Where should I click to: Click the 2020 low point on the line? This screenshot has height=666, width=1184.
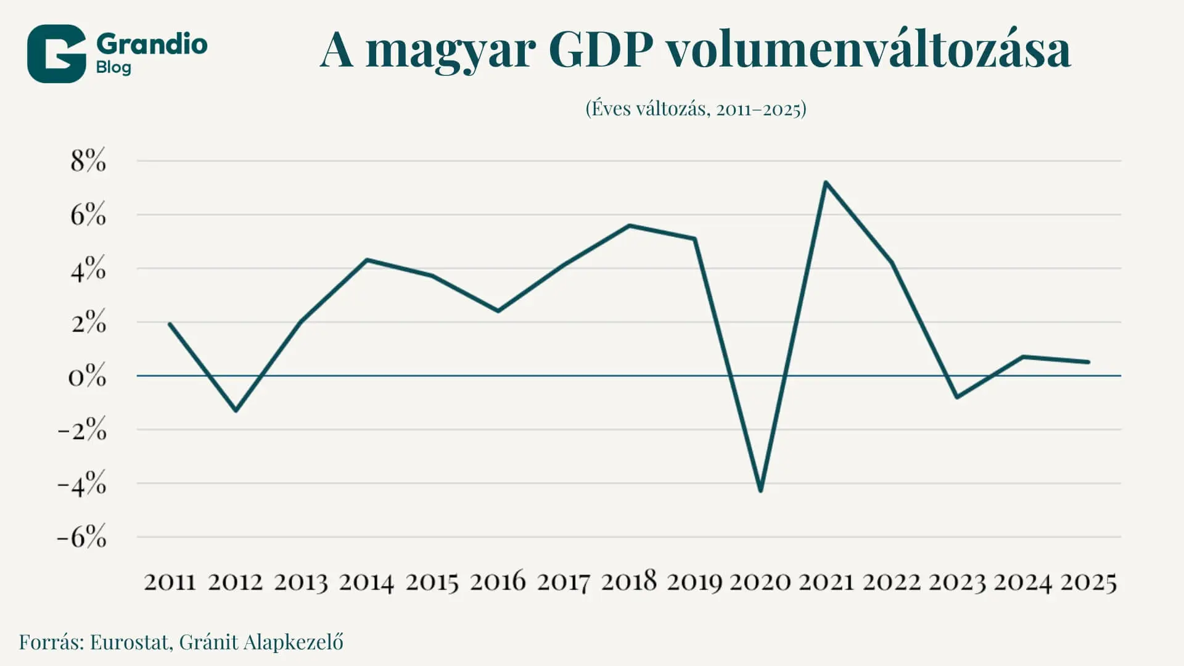(x=760, y=490)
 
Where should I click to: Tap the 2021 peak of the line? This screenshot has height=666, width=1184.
(x=826, y=183)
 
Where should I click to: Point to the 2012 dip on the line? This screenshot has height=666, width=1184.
(x=236, y=410)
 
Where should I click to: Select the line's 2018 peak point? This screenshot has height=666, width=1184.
(x=629, y=226)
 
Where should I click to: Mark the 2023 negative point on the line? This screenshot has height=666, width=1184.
(x=957, y=397)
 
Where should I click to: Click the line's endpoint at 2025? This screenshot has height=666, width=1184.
(x=1088, y=362)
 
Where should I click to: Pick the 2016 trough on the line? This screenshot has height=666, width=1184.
(x=498, y=311)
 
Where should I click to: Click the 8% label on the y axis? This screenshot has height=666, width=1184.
(x=88, y=160)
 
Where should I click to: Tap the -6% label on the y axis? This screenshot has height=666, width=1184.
(x=81, y=536)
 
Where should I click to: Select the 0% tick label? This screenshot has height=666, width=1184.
(x=87, y=376)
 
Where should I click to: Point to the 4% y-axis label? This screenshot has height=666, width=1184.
(x=88, y=268)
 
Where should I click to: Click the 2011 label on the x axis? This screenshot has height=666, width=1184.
(x=170, y=582)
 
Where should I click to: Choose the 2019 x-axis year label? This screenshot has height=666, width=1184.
(x=694, y=582)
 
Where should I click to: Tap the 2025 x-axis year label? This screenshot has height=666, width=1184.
(x=1088, y=582)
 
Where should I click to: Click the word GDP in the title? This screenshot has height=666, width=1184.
(x=600, y=49)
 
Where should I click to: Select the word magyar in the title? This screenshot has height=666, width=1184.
(x=450, y=52)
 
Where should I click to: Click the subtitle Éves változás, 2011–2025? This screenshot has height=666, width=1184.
(x=696, y=109)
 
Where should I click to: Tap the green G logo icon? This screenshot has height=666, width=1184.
(x=56, y=54)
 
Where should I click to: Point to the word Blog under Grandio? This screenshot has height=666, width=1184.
(x=113, y=67)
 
